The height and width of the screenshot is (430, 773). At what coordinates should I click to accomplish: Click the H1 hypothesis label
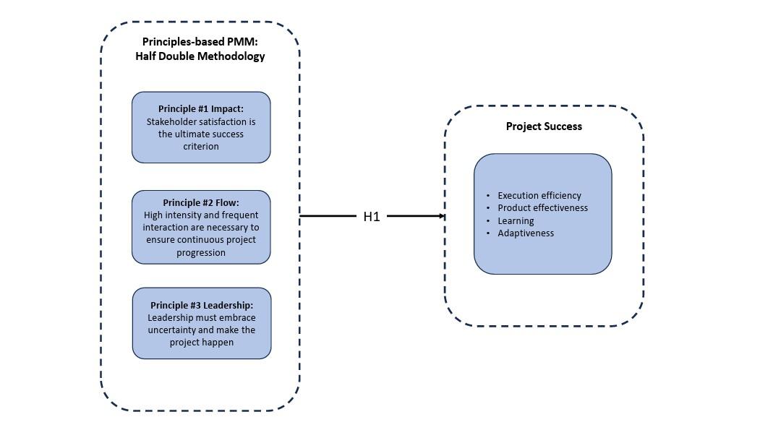point(371,216)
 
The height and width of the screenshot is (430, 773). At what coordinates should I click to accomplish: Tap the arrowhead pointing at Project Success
point(441,216)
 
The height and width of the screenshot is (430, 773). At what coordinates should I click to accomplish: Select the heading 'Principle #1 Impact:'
point(201,109)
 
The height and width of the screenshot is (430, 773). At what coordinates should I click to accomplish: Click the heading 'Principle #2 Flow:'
point(201,202)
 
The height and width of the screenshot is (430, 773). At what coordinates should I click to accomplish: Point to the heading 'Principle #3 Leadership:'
point(202,305)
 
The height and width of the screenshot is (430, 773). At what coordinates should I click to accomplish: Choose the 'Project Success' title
point(544,126)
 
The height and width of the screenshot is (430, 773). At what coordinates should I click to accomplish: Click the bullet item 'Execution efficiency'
point(539,195)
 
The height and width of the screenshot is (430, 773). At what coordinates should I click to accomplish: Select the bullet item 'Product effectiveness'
point(542,208)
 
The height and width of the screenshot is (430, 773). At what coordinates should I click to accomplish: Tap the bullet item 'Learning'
point(516,220)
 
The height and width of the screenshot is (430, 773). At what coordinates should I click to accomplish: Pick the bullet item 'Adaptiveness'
point(526,233)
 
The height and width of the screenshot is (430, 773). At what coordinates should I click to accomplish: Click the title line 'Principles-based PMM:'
point(200,42)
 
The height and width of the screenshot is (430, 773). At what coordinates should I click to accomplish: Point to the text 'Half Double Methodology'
point(200,56)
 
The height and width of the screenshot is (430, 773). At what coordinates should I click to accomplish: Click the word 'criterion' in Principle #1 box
point(201,147)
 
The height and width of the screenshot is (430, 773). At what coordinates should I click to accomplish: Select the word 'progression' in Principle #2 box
point(201,253)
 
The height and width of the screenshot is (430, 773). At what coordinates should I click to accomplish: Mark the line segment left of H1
point(329,216)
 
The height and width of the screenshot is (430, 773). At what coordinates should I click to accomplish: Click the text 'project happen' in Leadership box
point(202,342)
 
